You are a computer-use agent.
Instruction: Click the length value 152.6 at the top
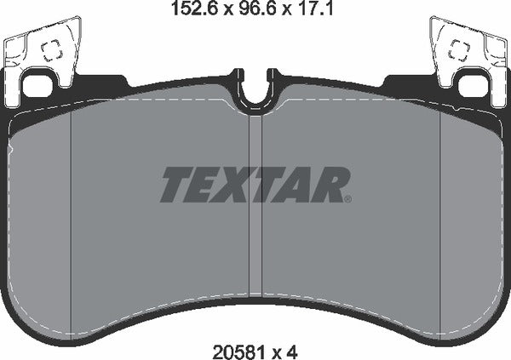pos(180,10)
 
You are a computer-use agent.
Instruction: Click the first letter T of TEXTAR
pos(177,184)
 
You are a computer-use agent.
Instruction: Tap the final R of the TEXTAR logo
pos(330,184)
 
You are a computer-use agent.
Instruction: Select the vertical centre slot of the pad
pos(255,213)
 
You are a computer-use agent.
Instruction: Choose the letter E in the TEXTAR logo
pos(205,184)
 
